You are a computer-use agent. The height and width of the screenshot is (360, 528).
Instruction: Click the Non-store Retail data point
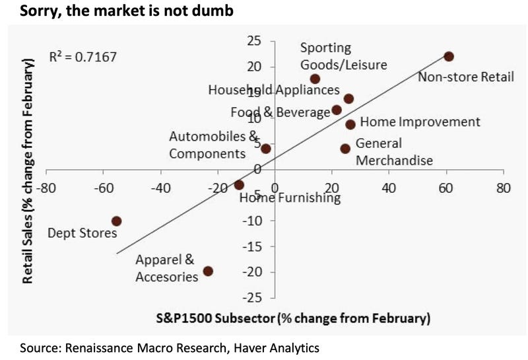[449, 57]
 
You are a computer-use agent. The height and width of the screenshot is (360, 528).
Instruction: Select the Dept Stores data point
[116, 221]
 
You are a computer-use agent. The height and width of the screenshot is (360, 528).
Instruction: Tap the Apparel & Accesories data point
[208, 271]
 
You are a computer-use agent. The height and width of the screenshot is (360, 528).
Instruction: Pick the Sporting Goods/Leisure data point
[315, 79]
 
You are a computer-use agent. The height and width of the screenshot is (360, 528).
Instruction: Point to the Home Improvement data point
[350, 124]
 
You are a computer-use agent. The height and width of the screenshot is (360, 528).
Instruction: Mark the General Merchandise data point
[345, 149]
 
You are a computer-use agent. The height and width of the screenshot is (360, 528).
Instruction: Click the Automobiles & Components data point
[266, 149]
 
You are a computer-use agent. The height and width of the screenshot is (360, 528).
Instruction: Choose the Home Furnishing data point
[239, 185]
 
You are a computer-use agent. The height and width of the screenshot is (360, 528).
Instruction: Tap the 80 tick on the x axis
[503, 188]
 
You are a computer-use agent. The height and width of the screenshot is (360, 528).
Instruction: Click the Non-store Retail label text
[466, 77]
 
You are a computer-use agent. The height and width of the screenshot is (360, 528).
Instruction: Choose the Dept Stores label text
[82, 233]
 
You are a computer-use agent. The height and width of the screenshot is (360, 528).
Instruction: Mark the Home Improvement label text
[420, 122]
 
